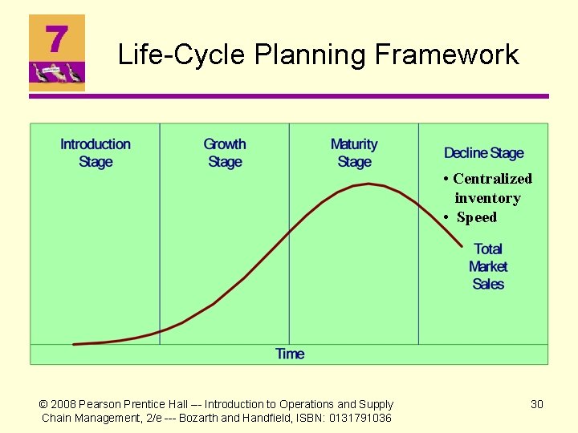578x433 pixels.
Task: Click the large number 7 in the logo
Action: coord(56,38)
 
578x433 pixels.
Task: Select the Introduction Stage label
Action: coord(96,153)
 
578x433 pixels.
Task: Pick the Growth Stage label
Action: coord(225,153)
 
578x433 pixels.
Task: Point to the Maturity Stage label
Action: coord(354,153)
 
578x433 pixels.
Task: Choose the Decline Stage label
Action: coord(483,153)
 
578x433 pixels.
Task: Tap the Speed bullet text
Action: coord(477,217)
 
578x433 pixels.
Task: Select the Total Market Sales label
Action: coord(488,266)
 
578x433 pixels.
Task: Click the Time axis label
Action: coord(290,354)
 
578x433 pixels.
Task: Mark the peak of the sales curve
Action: coord(368,184)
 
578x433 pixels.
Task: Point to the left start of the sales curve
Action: coord(75,344)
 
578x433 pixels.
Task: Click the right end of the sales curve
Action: coord(462,245)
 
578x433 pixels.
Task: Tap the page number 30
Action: coord(537,404)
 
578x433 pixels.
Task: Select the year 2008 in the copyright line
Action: coord(67,404)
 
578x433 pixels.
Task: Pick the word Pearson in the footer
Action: coord(106,404)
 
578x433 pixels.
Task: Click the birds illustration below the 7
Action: coord(56,75)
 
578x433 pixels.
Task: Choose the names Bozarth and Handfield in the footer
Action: coord(241,418)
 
